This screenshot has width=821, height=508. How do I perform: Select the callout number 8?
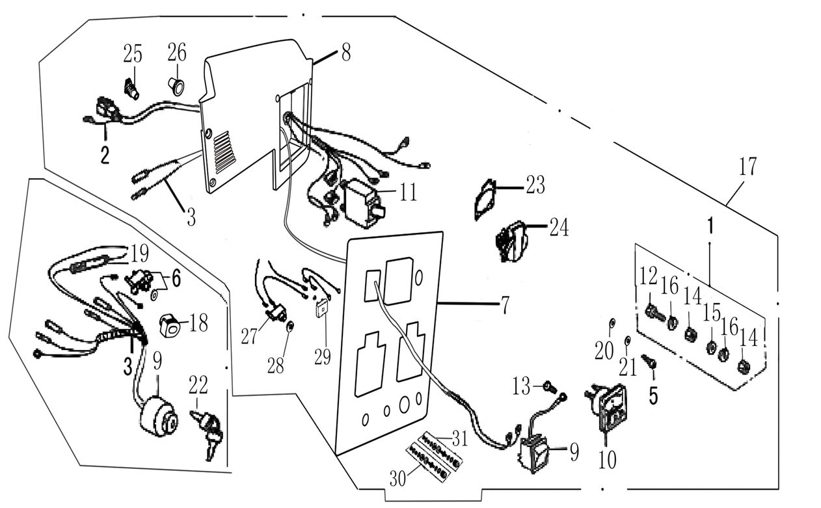[345, 53]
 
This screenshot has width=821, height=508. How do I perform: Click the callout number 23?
[535, 186]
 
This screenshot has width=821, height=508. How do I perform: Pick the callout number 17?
[747, 167]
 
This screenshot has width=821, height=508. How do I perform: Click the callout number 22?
[198, 386]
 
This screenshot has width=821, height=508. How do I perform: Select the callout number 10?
[607, 460]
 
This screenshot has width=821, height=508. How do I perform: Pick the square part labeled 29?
[321, 309]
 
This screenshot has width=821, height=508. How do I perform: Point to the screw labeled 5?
[648, 360]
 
